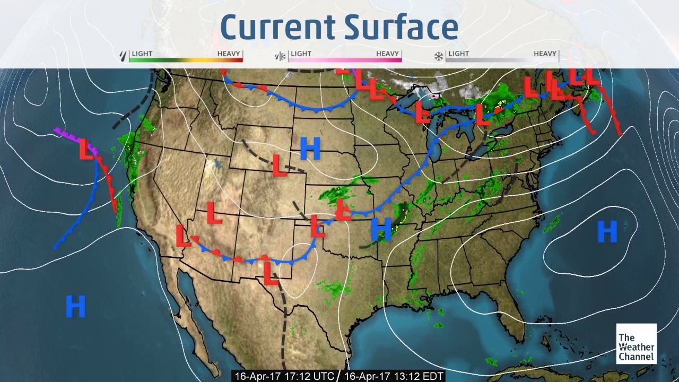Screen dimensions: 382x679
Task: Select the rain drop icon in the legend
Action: [x=124, y=56]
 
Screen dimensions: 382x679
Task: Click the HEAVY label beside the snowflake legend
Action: [x=545, y=54]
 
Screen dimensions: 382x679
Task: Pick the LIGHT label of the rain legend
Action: [x=142, y=54]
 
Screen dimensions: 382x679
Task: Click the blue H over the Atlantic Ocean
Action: [x=607, y=231]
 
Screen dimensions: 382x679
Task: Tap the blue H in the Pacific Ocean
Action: [x=75, y=307]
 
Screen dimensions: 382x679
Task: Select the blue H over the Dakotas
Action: [x=310, y=149]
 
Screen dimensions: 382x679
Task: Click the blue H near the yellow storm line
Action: [x=381, y=229]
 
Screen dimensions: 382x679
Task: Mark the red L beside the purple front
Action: [x=86, y=149]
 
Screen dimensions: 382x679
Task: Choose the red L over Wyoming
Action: [x=279, y=165]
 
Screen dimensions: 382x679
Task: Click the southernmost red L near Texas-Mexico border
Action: [x=271, y=273]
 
